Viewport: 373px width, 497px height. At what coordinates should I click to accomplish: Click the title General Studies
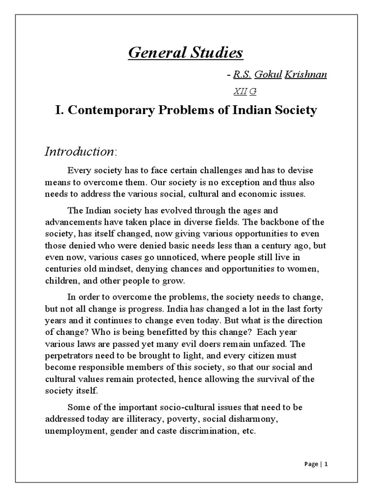coord(186,52)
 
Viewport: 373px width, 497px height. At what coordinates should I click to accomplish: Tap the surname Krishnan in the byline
coord(305,75)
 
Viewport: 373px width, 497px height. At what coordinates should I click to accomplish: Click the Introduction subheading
coord(79,151)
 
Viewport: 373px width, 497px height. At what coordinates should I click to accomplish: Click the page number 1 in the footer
coord(326,464)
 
